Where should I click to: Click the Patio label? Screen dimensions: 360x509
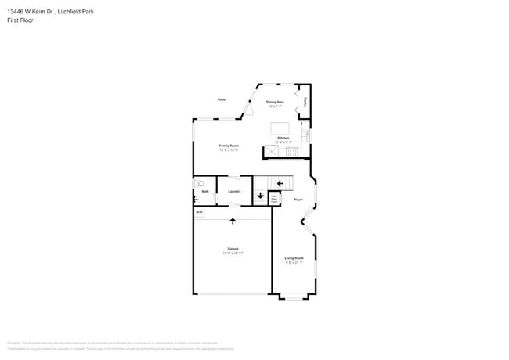[222, 99]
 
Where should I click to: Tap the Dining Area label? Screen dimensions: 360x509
[275, 102]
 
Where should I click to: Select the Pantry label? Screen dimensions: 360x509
[305, 101]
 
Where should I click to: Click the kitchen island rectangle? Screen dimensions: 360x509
[280, 128]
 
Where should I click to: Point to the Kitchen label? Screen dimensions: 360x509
[283, 138]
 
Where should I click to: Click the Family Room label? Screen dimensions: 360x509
[229, 146]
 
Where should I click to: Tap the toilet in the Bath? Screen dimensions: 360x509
[199, 184]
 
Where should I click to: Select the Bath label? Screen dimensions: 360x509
[204, 191]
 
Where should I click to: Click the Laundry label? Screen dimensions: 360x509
[233, 191]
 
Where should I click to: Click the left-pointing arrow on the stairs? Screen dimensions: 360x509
[280, 184]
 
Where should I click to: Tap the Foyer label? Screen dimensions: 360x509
[298, 200]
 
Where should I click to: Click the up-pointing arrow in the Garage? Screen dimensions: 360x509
[233, 221]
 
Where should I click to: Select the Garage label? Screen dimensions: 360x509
[233, 250]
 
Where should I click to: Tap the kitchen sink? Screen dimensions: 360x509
[305, 136]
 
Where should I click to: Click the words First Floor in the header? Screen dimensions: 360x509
[20, 20]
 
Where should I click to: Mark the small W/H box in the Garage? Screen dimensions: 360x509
[199, 212]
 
